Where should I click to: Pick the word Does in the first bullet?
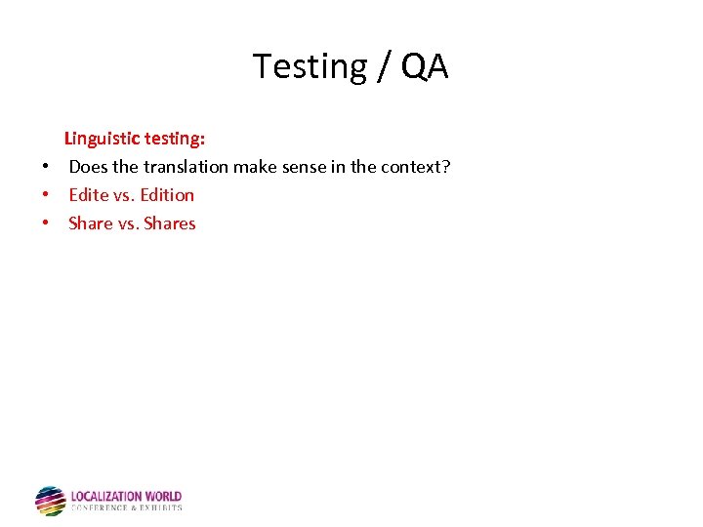click(88, 167)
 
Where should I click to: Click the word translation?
click(186, 167)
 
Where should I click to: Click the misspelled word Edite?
click(89, 195)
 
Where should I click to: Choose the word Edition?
click(167, 195)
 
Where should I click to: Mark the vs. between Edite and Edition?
click(125, 195)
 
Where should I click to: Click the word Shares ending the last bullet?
click(170, 223)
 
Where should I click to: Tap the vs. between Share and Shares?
click(128, 223)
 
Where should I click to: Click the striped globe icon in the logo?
click(50, 501)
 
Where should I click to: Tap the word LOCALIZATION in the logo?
click(107, 497)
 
